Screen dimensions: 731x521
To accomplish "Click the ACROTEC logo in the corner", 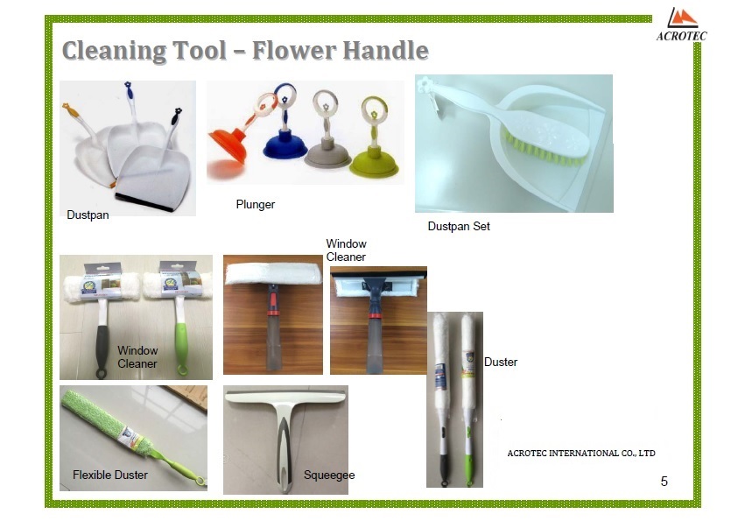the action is (x=681, y=25).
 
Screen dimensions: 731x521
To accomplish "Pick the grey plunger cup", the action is (x=327, y=154).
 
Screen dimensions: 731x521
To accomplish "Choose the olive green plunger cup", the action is (x=375, y=162).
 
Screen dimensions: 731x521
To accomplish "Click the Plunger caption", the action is (x=256, y=204).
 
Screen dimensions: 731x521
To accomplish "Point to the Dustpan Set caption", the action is (x=459, y=226).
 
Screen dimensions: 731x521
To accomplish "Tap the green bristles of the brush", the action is (x=543, y=149).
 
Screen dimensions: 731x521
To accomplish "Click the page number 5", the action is (x=664, y=482).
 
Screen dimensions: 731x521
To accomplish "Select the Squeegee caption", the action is (x=329, y=475).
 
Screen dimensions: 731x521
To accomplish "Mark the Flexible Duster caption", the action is (x=110, y=475).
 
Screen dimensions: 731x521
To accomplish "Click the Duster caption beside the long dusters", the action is (x=501, y=362).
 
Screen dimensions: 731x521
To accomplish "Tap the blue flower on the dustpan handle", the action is (x=128, y=85).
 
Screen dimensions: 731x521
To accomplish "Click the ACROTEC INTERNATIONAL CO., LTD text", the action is (x=581, y=453).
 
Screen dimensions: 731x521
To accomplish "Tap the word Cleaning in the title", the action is (x=114, y=51).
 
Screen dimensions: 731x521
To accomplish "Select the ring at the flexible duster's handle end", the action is (x=200, y=482).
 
